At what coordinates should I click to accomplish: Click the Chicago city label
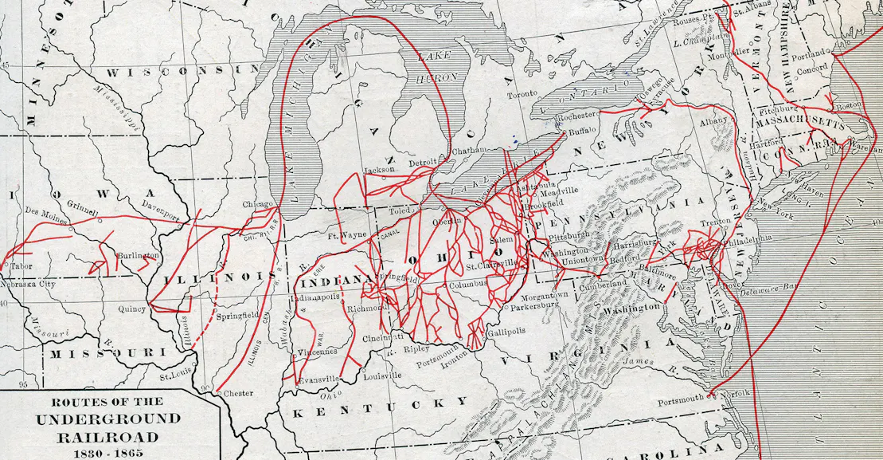tap(258, 203)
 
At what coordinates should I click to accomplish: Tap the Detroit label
tap(423, 163)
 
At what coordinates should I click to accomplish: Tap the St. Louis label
tap(176, 376)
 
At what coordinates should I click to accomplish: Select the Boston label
tap(850, 105)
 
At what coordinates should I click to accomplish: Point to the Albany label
tap(713, 120)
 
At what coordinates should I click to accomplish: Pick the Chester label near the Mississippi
tap(238, 394)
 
